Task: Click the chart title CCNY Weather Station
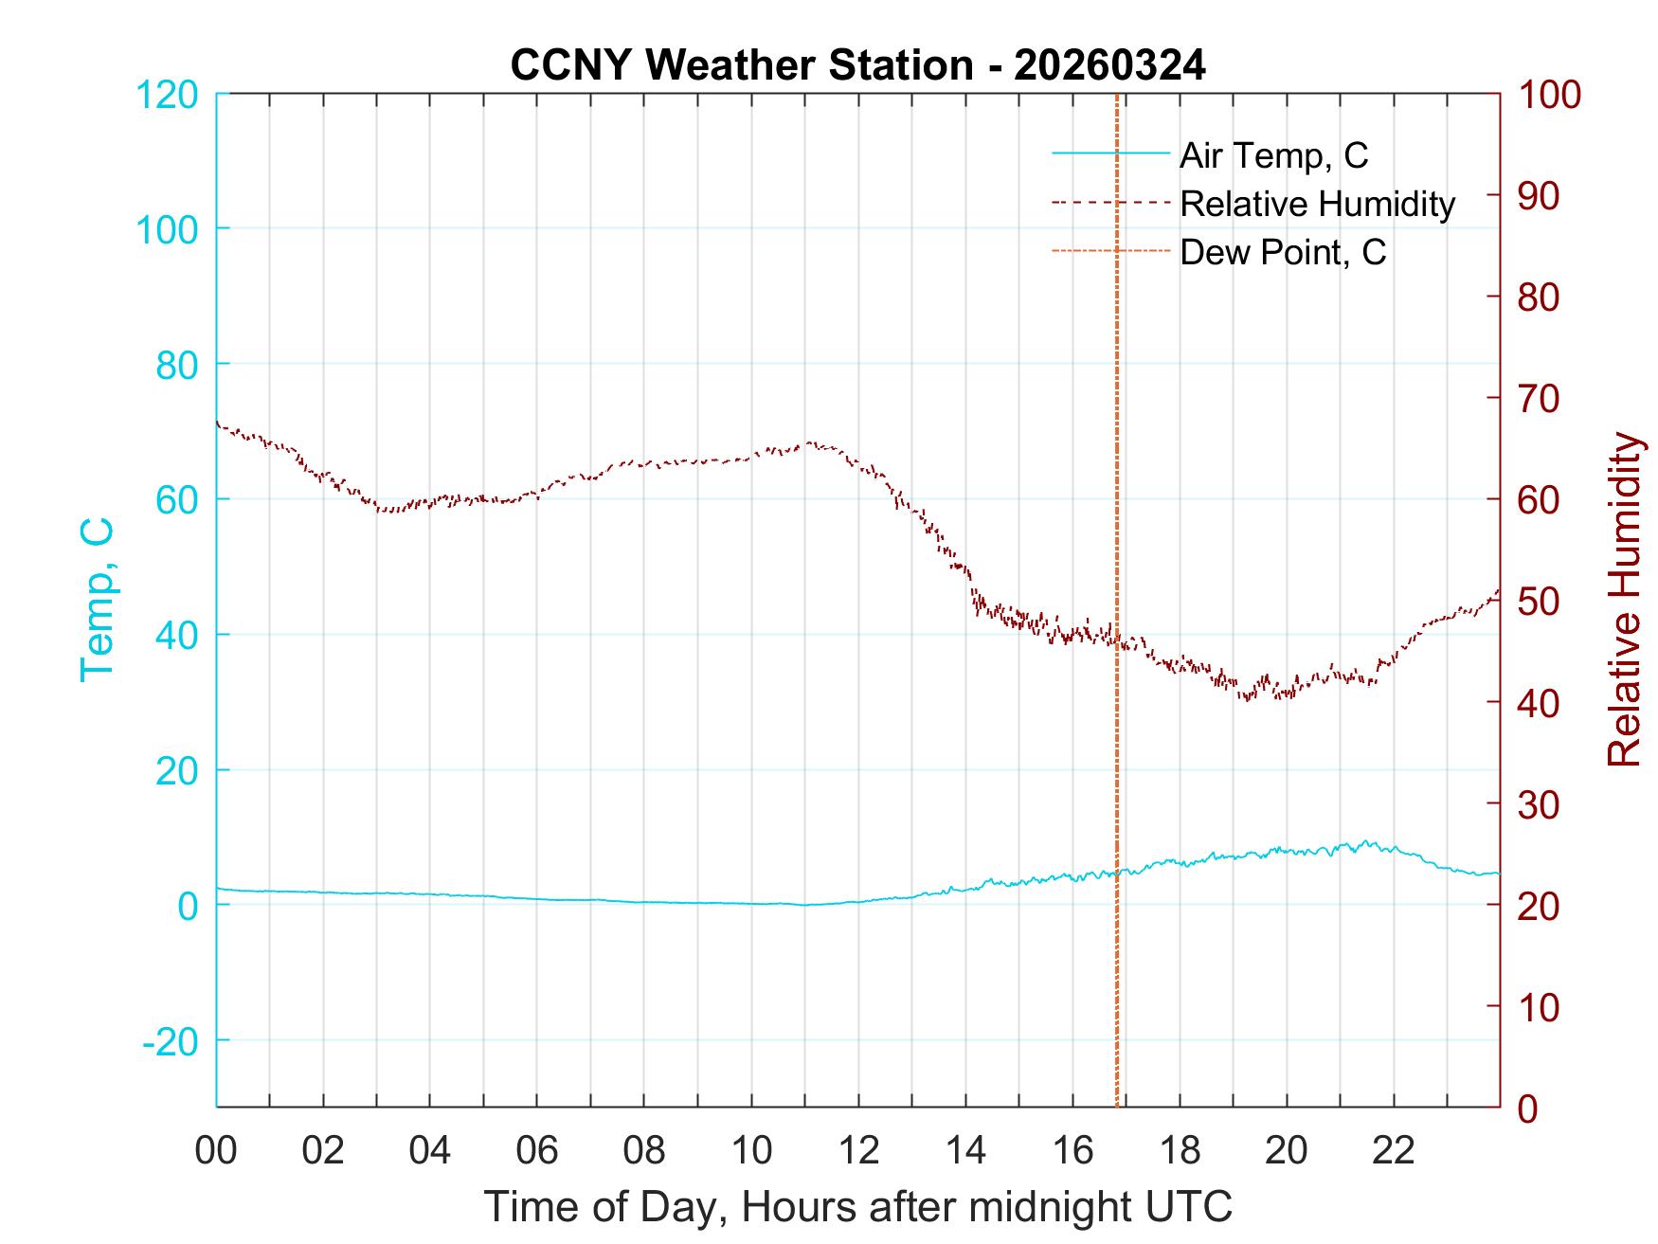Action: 857,65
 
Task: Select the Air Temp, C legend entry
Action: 1272,155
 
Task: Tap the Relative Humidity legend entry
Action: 1317,204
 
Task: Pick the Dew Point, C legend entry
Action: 1282,253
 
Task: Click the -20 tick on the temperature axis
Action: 171,1041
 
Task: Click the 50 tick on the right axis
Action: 1540,602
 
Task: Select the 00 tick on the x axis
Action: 216,1151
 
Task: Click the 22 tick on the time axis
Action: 1394,1151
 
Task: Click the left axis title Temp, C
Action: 97,600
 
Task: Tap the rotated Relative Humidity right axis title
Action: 1624,600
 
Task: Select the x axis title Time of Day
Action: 857,1207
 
